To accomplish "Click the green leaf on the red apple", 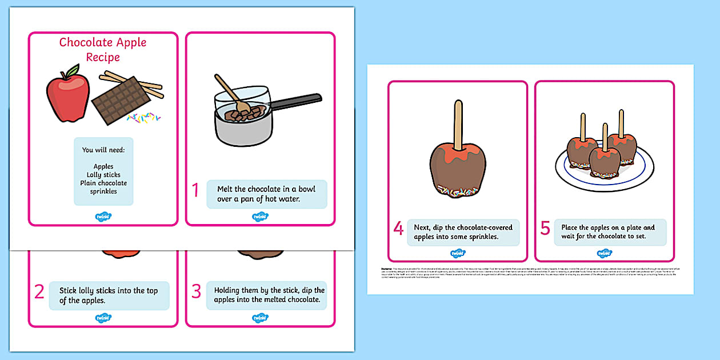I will (71, 71).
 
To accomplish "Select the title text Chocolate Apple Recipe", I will (103, 50).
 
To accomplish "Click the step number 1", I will (195, 190).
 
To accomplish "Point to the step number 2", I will (39, 291).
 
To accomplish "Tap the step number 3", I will (196, 291).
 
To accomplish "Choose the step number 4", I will (398, 229).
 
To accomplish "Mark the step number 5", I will (545, 229).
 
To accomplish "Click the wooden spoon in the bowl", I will (229, 93).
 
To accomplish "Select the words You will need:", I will (103, 150).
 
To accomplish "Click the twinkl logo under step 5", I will (604, 253).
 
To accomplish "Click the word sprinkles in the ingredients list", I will (103, 191).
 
